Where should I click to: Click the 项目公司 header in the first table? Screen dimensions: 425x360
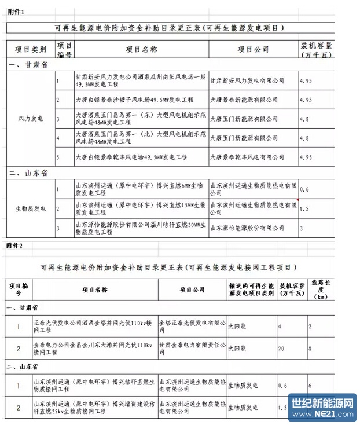253,49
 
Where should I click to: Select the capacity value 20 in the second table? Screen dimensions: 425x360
282,349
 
